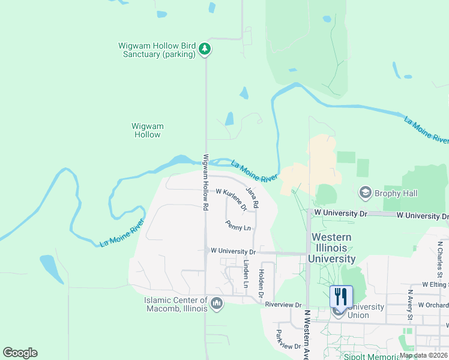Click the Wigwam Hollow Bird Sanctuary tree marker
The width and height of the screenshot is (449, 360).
[205, 49]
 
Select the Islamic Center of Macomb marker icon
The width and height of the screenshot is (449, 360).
[217, 304]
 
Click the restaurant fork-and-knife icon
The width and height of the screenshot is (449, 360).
[340, 296]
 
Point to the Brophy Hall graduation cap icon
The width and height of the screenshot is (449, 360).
[364, 193]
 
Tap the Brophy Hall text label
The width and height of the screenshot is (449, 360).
[396, 193]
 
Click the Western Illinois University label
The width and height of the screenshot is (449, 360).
[331, 248]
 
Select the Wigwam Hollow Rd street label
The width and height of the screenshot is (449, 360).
[205, 182]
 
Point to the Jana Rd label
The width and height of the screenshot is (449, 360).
[252, 197]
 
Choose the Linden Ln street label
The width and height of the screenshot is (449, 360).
[246, 273]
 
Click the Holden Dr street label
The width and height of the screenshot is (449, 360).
[261, 283]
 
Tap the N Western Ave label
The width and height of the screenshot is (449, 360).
[306, 334]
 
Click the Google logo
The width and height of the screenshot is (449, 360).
[20, 353]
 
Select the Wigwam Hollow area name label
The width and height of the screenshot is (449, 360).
[148, 130]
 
